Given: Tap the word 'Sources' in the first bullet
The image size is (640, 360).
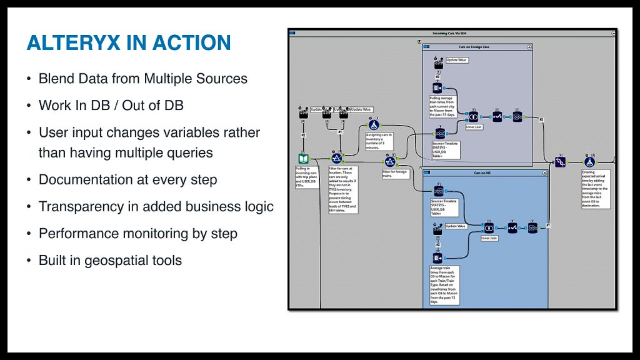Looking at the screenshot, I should coord(224,79).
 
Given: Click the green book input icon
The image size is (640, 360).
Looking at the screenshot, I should coord(303,159).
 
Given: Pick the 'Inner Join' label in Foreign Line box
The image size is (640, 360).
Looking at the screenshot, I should coord(474,127).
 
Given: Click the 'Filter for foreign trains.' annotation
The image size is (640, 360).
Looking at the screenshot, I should coord(394,174).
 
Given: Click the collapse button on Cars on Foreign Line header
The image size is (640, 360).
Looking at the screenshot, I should coord(529,47).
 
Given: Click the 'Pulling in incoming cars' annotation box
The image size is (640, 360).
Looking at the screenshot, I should coord(306,177).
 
